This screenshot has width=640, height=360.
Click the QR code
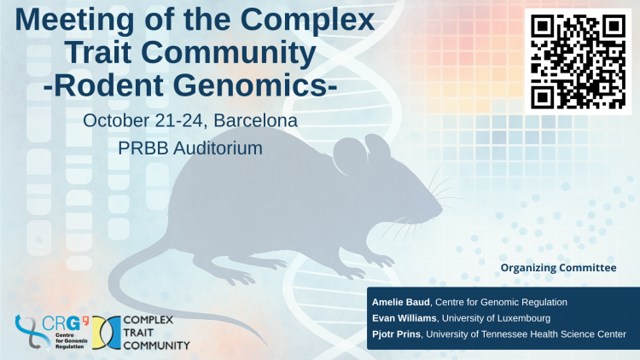tap(578, 61)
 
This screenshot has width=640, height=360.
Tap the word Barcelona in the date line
tap(255, 121)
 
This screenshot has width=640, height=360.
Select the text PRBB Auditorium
tap(190, 148)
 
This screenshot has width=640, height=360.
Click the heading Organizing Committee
tap(558, 268)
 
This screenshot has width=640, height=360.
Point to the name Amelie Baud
tap(400, 303)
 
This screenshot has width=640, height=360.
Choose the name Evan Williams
tap(404, 318)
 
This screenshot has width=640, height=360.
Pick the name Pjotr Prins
tap(396, 334)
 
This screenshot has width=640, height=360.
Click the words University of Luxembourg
tap(496, 318)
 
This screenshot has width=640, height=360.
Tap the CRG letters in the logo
tap(61, 324)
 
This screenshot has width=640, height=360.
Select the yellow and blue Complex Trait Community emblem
tap(107, 333)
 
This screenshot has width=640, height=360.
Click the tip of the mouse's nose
tap(441, 211)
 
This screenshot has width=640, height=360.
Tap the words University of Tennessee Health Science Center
tap(527, 334)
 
